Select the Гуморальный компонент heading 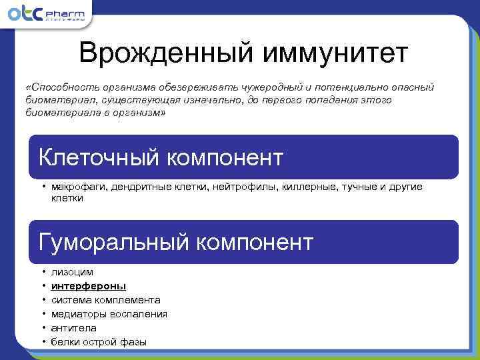coord(176,242)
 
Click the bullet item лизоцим coord(72,272)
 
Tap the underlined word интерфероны coord(89,286)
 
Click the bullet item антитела coord(73,328)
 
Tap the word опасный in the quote coord(413,87)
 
